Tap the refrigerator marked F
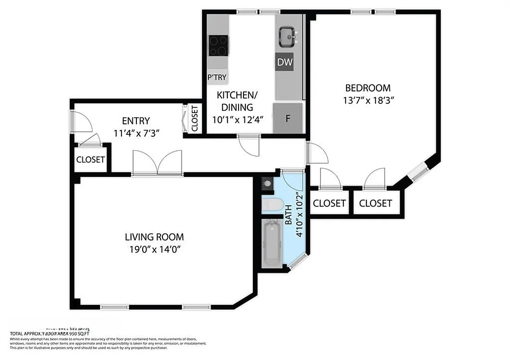(x=287, y=118)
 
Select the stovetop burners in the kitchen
(x=218, y=45)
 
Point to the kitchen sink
(x=287, y=37)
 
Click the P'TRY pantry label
(x=217, y=77)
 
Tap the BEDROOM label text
(x=368, y=88)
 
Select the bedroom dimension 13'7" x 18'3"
(x=368, y=101)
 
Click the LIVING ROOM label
(x=154, y=237)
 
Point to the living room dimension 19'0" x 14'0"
(x=154, y=249)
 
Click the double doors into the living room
(x=157, y=163)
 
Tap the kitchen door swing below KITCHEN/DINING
(x=249, y=146)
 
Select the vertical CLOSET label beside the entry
(x=194, y=119)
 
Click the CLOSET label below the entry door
(x=90, y=160)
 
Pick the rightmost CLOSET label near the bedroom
(x=375, y=203)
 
